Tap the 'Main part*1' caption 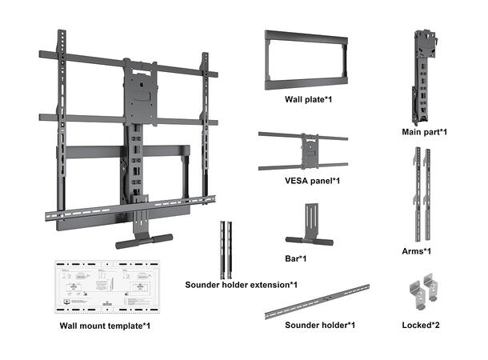(423, 130)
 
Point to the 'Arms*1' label (416, 251)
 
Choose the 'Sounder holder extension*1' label (241, 285)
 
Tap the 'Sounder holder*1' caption (320, 325)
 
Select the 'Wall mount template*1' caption (105, 326)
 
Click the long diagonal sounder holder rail (318, 302)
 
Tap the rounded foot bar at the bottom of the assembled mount (144, 240)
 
